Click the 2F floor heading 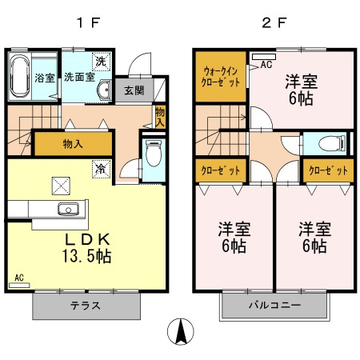click(x=272, y=22)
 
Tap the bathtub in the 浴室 click(x=21, y=77)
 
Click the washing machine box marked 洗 click(x=101, y=61)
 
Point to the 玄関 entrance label click(x=133, y=90)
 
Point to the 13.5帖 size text click(x=88, y=257)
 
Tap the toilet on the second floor click(x=331, y=144)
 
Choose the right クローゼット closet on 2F click(x=329, y=171)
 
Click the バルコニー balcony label click(x=274, y=306)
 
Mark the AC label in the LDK click(x=19, y=278)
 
